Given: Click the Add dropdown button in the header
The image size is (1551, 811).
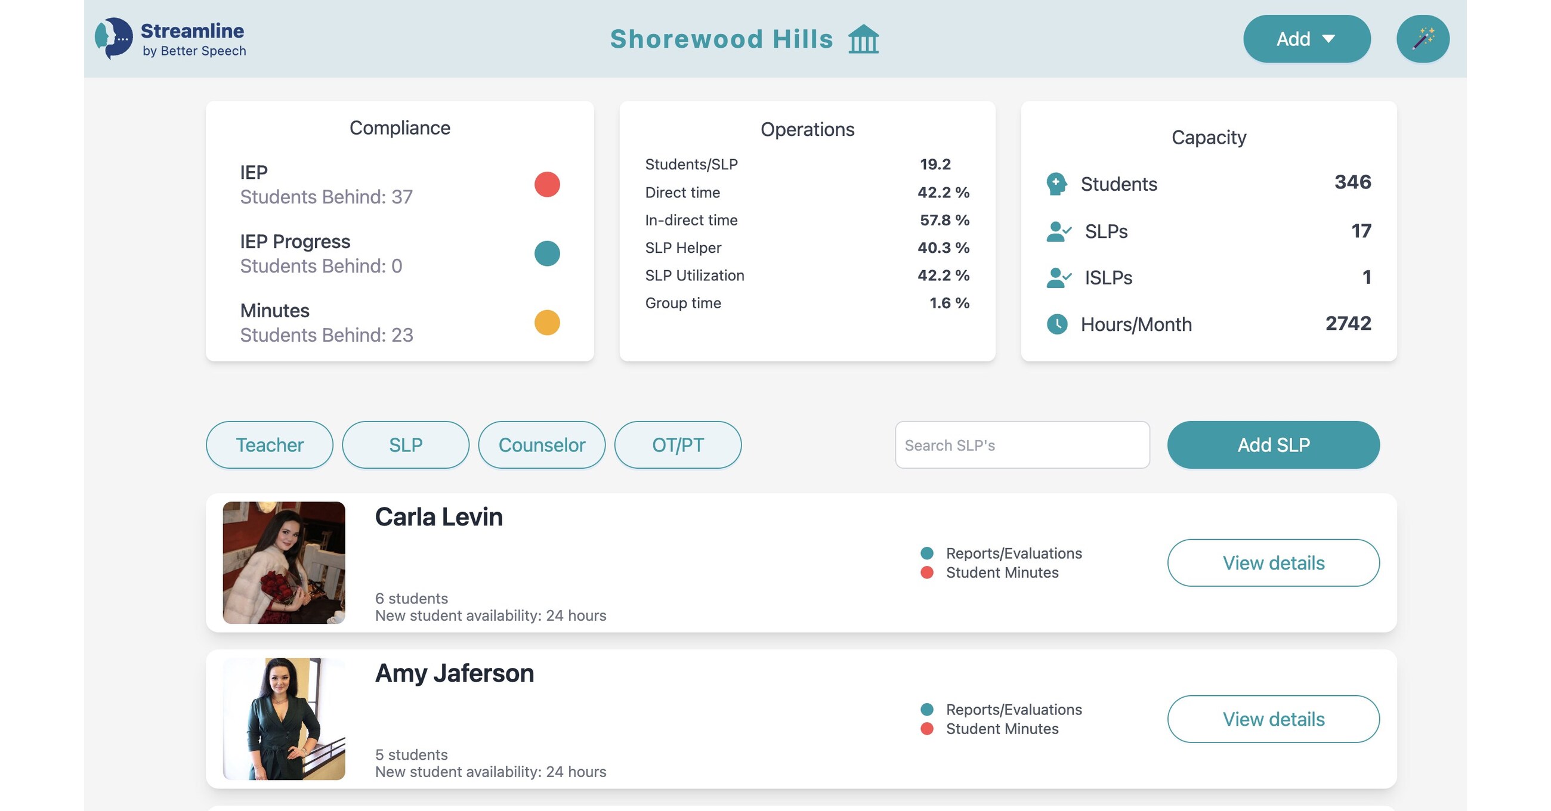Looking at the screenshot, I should click(1306, 39).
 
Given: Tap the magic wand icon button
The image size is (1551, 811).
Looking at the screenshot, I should click(1422, 39).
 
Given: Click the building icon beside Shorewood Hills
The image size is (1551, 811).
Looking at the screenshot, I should click(863, 40).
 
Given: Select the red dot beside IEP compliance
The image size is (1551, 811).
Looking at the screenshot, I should click(546, 184).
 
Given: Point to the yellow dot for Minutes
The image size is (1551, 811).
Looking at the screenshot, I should click(546, 323).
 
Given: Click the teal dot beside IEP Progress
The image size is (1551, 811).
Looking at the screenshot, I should click(546, 253).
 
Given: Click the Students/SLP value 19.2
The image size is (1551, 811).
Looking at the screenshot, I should click(934, 165).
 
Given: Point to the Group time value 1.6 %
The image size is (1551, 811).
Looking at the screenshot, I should click(948, 303).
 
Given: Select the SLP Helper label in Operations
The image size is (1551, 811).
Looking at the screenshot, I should click(683, 247).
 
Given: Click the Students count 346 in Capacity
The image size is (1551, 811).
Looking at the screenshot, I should click(1352, 182).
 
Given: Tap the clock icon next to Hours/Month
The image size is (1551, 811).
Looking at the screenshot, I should click(1056, 324).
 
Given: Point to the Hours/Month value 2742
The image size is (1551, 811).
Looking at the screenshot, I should click(1348, 323).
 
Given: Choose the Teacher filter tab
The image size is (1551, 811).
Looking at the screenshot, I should click(269, 445).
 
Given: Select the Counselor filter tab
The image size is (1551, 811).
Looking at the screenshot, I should click(541, 445).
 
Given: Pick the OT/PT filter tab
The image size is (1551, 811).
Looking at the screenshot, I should click(677, 445).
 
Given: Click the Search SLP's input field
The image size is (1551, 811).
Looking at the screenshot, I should click(1022, 445).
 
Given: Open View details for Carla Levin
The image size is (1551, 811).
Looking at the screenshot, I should click(1273, 563).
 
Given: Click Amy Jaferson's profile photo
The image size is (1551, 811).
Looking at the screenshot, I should click(283, 719).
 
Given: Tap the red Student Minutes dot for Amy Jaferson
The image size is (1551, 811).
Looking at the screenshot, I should click(926, 729).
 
